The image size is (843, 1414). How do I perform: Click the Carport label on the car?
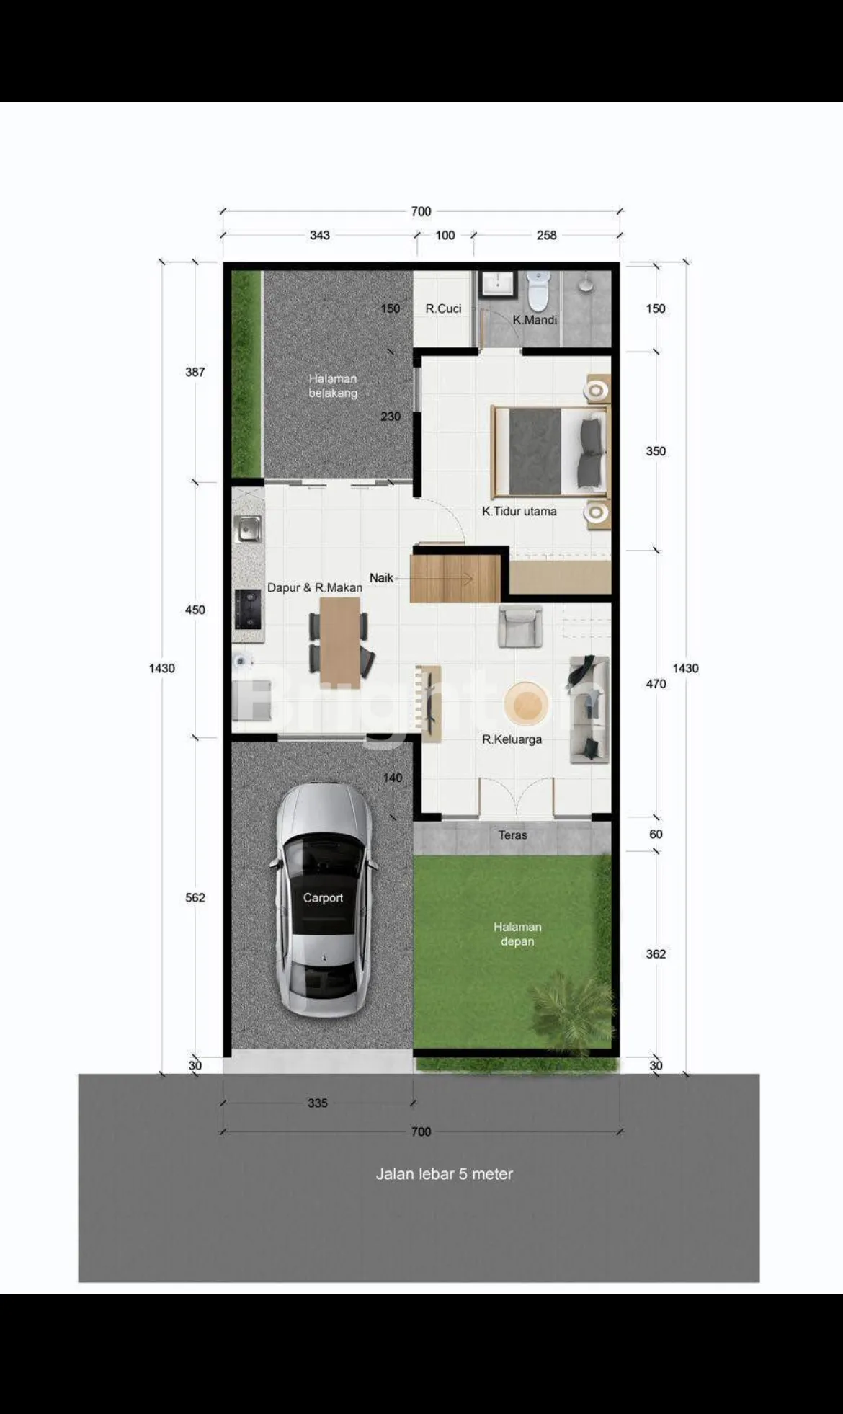(x=323, y=897)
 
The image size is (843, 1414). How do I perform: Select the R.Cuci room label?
(x=443, y=308)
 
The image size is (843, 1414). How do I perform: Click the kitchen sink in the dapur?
(x=248, y=529)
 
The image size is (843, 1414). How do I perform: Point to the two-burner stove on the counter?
(x=248, y=609)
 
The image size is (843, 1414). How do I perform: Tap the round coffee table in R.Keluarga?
(x=526, y=703)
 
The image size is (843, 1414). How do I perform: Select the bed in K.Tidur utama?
(x=549, y=451)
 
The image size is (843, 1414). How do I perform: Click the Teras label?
(x=513, y=835)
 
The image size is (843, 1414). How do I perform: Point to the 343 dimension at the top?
(x=320, y=235)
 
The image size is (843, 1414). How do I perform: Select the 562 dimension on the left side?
(x=195, y=897)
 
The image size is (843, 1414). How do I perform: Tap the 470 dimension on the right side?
(x=656, y=683)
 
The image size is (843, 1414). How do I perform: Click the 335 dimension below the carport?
(x=318, y=1103)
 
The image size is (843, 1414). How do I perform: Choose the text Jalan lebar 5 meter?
(x=445, y=1174)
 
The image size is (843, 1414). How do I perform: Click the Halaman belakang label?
(x=333, y=386)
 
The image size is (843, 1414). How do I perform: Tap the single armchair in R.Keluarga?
(x=520, y=626)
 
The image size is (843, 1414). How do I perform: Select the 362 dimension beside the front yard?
(x=656, y=953)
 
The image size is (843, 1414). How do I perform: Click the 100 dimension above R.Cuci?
(x=445, y=235)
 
